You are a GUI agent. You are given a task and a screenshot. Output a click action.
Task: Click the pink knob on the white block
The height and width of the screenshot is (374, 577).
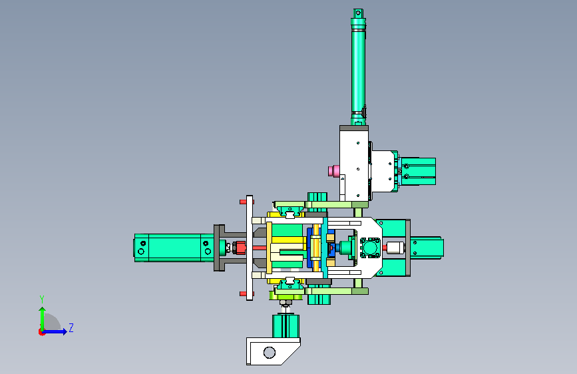tap(334, 171)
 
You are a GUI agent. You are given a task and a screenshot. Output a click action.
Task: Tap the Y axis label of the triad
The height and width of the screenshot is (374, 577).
tap(42, 299)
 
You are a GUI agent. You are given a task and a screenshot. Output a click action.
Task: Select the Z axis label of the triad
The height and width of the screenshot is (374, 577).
tap(71, 327)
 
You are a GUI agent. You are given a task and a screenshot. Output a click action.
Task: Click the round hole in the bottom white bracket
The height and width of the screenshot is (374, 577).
tap(270, 352)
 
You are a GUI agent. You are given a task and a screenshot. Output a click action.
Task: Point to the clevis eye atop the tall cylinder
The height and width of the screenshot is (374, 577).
tap(357, 13)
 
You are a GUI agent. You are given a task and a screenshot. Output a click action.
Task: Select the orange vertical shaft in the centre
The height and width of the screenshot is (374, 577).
tap(316, 247)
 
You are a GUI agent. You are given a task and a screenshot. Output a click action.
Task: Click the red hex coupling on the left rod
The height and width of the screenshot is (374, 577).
tap(240, 248)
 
